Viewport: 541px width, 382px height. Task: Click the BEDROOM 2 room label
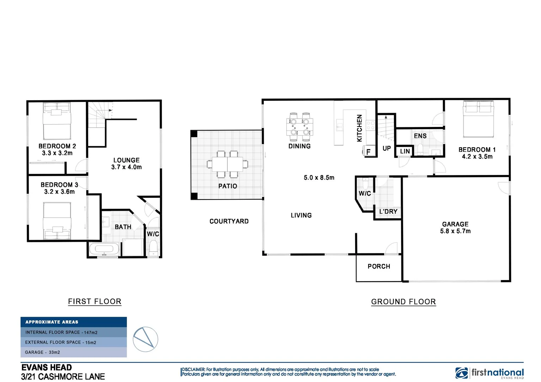click(x=57, y=146)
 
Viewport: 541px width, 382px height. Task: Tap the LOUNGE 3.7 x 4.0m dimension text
click(x=126, y=167)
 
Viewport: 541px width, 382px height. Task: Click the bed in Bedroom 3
click(x=57, y=221)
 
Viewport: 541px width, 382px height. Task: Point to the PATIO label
click(x=228, y=186)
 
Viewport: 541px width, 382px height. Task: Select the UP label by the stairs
click(x=387, y=149)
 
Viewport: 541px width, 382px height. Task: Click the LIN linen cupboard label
click(x=405, y=151)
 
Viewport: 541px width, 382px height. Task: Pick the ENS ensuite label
click(x=420, y=136)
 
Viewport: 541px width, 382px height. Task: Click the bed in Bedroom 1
click(x=478, y=120)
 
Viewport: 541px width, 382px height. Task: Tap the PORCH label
click(x=379, y=266)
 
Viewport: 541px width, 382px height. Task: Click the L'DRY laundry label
click(x=388, y=212)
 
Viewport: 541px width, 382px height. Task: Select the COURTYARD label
click(x=229, y=221)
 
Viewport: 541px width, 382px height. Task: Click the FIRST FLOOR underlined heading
click(x=95, y=301)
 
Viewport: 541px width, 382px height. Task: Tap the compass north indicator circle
click(x=146, y=339)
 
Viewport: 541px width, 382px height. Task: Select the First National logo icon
click(x=461, y=373)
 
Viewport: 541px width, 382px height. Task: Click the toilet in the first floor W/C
click(x=153, y=248)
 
